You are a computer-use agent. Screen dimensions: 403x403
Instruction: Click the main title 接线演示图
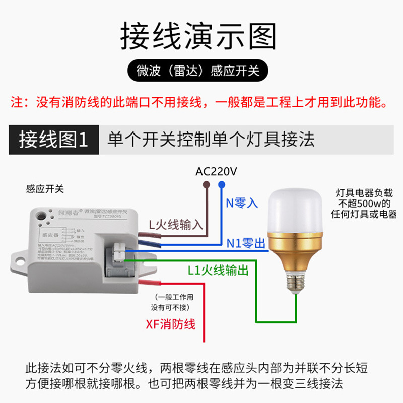point(198,36)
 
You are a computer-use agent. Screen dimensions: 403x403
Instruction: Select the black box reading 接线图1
point(53,139)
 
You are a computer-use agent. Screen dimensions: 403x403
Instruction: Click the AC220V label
point(216,172)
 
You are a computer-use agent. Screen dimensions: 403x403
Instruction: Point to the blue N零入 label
point(242,203)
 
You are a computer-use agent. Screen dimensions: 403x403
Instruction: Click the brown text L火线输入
point(176,225)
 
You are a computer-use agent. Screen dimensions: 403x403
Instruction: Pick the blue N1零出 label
point(245,244)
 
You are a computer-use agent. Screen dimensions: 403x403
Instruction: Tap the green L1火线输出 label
point(218,271)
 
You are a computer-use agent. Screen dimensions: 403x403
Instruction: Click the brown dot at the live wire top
point(207,185)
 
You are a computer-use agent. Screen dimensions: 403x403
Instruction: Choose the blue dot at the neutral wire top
point(221,185)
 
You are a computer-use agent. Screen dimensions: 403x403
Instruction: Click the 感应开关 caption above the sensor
point(45,189)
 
